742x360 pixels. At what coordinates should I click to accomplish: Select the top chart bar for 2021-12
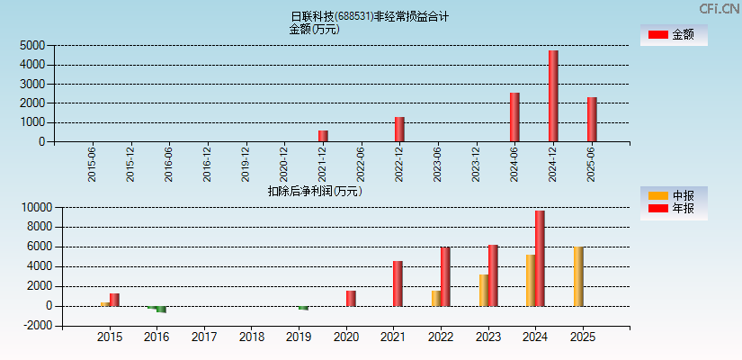coord(323,136)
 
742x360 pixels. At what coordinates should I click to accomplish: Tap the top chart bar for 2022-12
coord(399,129)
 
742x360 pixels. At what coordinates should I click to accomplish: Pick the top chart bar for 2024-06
coord(514,117)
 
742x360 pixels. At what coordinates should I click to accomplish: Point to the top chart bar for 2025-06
coord(592,119)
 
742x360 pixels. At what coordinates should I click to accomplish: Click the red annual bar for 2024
coord(540,258)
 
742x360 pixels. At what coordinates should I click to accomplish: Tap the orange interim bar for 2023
coord(484,290)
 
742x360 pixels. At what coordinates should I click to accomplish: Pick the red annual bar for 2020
coord(351,298)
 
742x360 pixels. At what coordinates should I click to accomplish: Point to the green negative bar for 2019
coord(303,308)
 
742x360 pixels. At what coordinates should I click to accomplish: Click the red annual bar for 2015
coord(114,300)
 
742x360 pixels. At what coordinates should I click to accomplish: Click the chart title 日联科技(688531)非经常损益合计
coord(370,16)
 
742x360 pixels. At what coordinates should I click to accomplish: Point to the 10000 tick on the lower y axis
coord(36,207)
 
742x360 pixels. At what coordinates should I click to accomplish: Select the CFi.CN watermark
coord(720,8)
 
